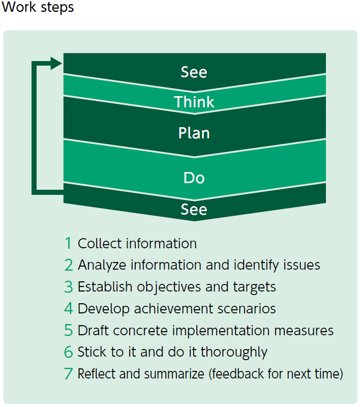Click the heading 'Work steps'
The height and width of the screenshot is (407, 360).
tap(38, 8)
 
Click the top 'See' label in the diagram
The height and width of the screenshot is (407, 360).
tap(194, 72)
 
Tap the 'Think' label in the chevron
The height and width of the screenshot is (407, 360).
tap(194, 102)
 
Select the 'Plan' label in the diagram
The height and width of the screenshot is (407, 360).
tap(194, 133)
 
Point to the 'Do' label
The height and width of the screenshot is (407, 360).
tap(194, 178)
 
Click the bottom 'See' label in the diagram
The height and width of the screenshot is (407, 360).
tap(194, 209)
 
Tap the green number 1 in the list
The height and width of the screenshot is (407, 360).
tap(69, 243)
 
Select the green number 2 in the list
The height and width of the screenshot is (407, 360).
tap(69, 265)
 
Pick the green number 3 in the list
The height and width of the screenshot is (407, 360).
tap(69, 287)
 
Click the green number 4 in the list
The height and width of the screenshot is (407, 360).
tap(69, 309)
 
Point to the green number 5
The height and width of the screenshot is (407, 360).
tap(69, 331)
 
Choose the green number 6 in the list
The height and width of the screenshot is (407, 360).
tap(69, 352)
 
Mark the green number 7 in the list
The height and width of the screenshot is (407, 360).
tap(69, 374)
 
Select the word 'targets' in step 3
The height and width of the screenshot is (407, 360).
tap(253, 287)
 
